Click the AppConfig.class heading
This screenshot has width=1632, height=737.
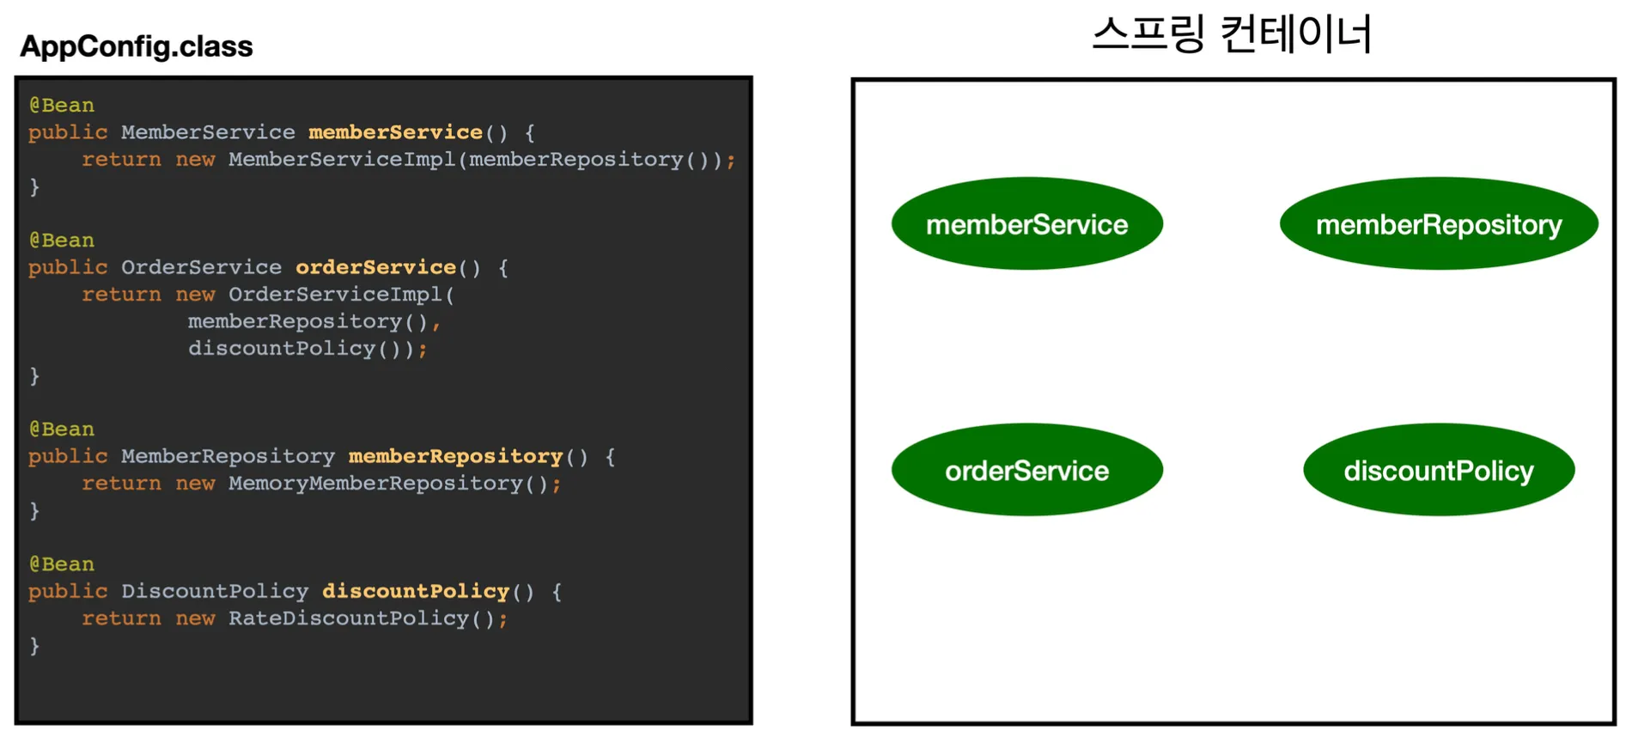point(137,46)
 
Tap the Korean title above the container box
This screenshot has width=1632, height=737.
point(1232,34)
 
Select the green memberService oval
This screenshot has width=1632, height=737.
point(1027,224)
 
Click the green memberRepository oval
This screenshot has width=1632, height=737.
point(1439,224)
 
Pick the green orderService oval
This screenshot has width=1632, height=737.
point(1027,470)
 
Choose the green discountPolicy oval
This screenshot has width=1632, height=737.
point(1439,470)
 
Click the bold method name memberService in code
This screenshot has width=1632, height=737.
point(395,132)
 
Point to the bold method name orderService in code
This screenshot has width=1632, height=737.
point(375,267)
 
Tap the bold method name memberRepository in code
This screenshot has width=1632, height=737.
point(455,456)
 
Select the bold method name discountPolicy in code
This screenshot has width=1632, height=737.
point(416,591)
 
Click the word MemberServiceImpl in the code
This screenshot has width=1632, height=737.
point(342,160)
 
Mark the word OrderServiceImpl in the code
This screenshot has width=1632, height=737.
point(335,295)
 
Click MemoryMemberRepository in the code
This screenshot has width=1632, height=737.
point(375,484)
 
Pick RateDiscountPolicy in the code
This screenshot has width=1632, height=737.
point(349,618)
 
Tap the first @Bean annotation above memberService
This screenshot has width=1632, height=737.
point(62,106)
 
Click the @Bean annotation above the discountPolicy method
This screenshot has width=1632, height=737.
point(62,564)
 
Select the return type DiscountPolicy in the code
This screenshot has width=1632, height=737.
point(215,591)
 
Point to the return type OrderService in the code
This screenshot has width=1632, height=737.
point(201,267)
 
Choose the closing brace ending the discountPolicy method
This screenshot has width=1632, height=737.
point(34,646)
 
